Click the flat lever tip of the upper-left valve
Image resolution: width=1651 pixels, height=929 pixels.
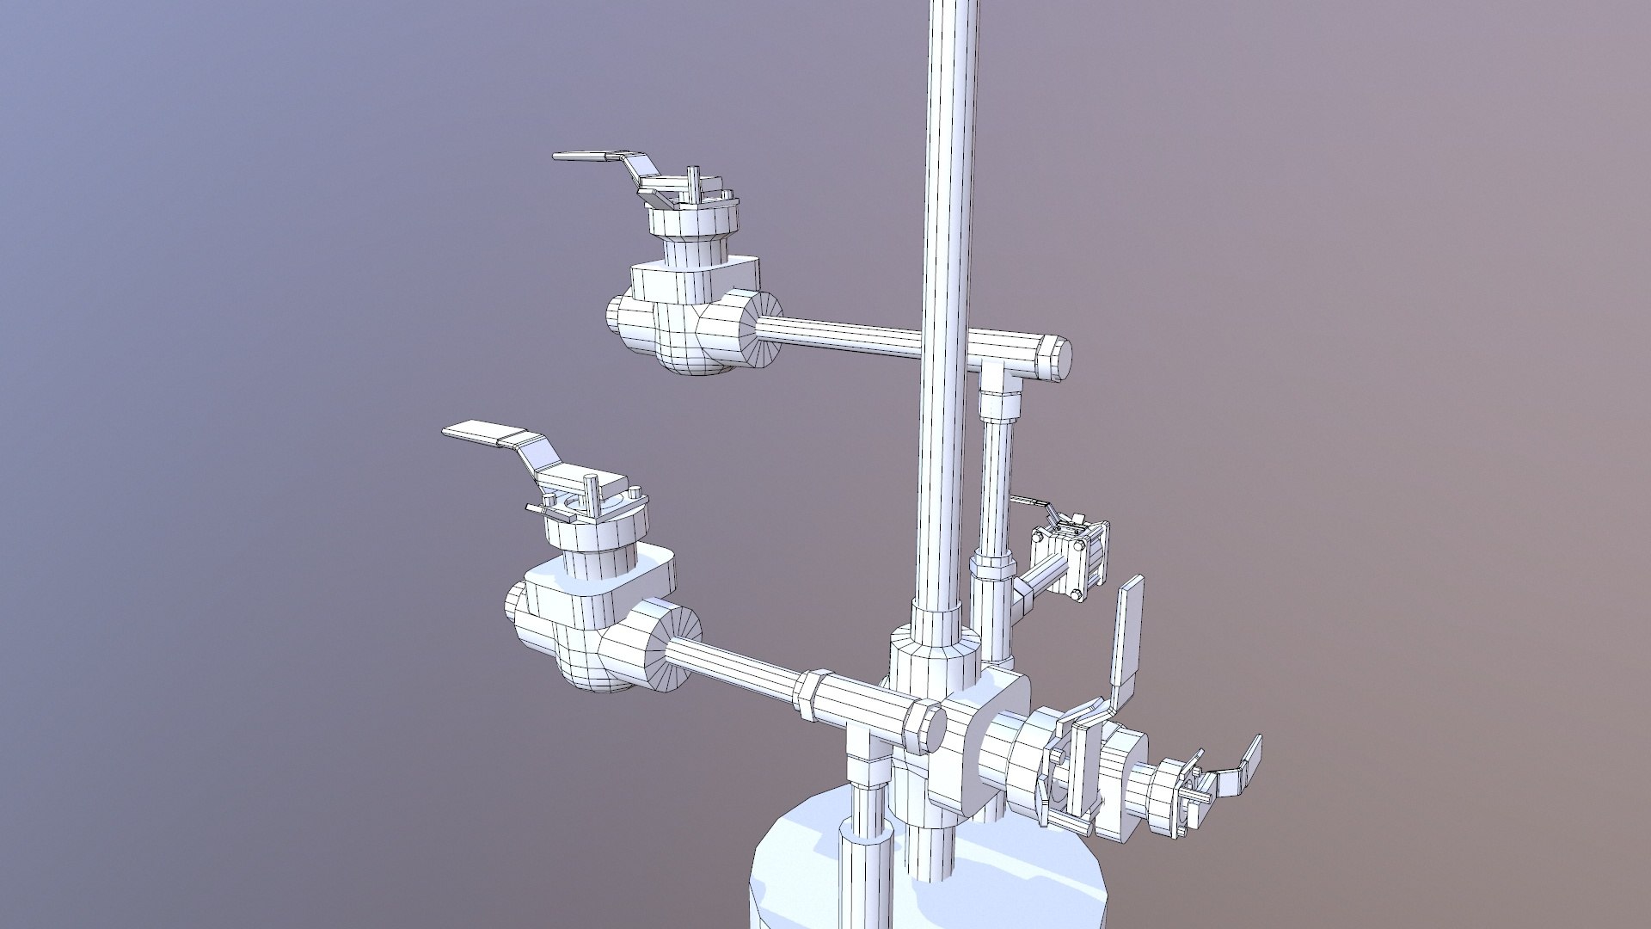point(580,157)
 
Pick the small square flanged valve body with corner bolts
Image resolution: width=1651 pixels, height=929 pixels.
point(1071,559)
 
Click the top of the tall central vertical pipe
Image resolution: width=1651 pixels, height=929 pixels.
point(954,17)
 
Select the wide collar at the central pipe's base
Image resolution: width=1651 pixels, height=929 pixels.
point(933,662)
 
